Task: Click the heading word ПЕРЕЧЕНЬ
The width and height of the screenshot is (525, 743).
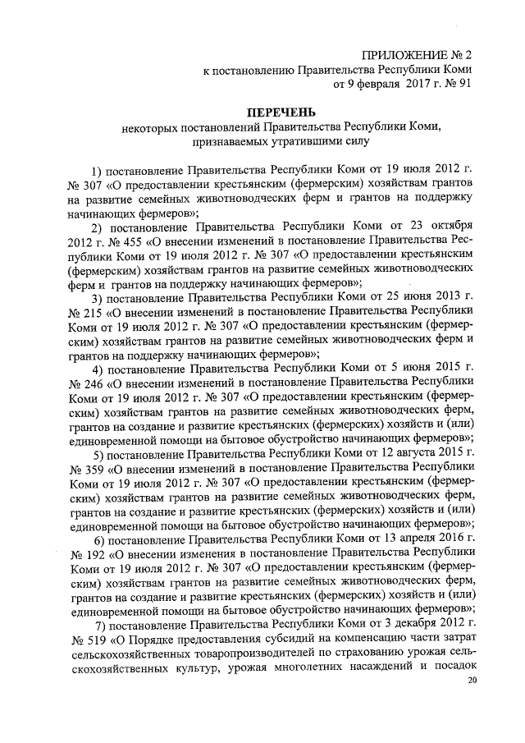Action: (x=281, y=112)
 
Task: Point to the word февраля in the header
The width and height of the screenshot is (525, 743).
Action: (x=376, y=84)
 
